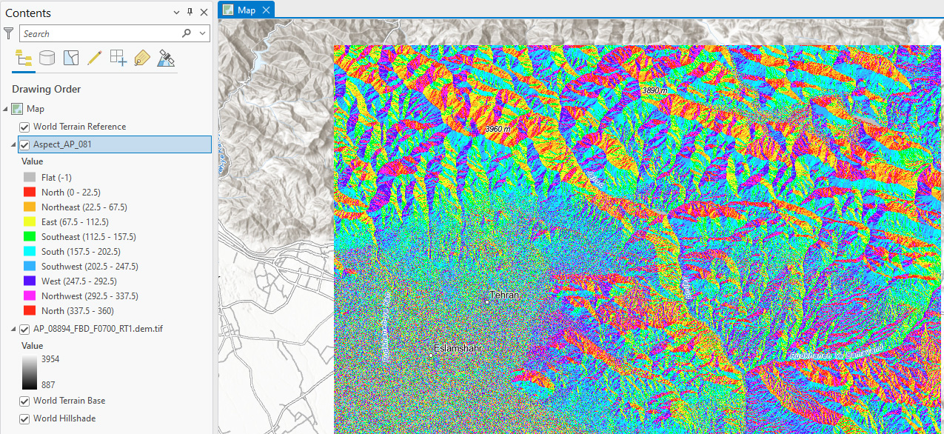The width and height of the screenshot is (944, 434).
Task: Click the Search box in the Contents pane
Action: [100, 33]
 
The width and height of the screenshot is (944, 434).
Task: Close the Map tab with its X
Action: [266, 10]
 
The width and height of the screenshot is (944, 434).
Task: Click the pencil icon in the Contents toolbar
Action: [94, 59]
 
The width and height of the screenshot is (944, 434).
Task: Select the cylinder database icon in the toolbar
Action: [47, 59]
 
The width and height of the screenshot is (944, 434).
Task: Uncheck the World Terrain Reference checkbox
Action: [24, 127]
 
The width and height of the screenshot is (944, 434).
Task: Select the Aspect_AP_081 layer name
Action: [62, 144]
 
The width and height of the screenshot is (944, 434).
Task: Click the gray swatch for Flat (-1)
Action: [30, 178]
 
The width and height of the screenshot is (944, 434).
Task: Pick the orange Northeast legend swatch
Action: [30, 207]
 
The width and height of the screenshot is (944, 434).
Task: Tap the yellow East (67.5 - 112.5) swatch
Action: [30, 222]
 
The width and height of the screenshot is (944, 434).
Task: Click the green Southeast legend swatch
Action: [30, 237]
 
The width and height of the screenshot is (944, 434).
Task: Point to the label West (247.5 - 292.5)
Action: [78, 281]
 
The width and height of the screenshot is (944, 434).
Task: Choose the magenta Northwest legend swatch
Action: [30, 296]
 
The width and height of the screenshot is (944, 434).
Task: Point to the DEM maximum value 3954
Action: [50, 359]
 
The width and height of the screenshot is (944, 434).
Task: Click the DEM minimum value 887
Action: [48, 384]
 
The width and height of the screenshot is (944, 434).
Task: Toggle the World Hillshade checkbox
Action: [24, 418]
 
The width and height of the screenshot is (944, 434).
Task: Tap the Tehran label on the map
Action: [504, 295]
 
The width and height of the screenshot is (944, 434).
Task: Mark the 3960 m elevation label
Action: [498, 129]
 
